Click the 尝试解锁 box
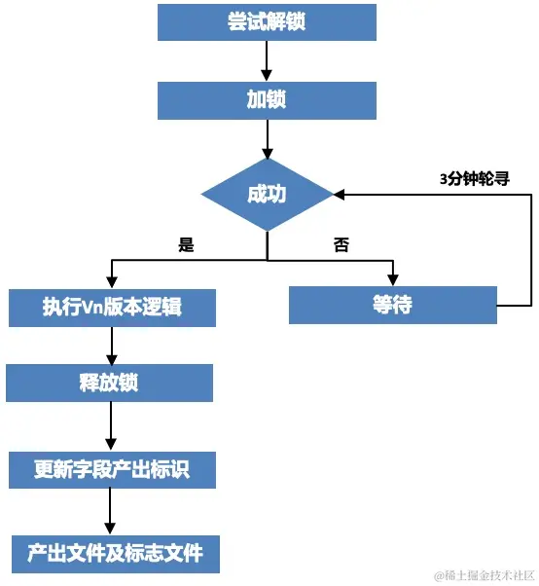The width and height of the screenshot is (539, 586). (267, 21)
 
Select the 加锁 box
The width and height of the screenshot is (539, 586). (267, 100)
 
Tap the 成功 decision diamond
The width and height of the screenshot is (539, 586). (267, 194)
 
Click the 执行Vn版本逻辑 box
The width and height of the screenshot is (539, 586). (112, 307)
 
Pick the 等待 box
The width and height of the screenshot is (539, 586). (392, 305)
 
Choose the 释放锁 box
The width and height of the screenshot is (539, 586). (109, 383)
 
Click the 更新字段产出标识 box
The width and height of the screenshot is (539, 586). (111, 470)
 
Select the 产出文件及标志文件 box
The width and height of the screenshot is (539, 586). (115, 553)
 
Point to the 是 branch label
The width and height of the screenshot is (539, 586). (187, 245)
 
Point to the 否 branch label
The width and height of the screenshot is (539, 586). (341, 245)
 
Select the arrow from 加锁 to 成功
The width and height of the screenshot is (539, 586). (267, 138)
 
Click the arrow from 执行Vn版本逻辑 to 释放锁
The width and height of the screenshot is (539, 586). (112, 345)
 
